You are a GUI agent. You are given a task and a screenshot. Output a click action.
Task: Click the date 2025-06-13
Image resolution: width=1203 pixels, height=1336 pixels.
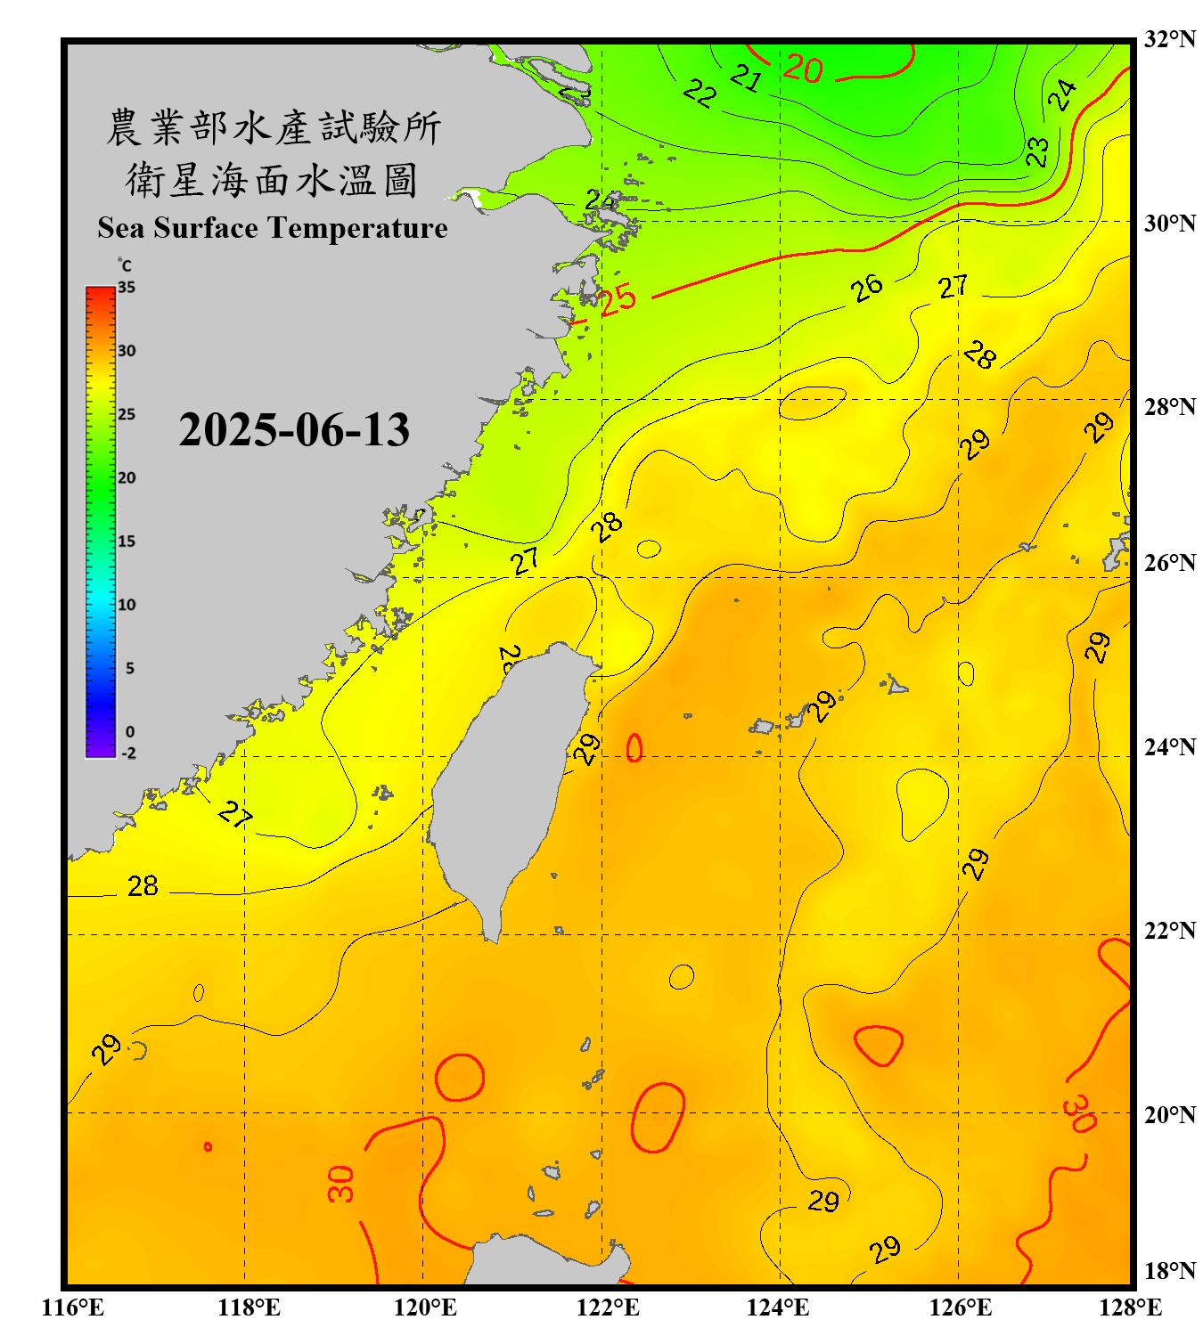(x=294, y=430)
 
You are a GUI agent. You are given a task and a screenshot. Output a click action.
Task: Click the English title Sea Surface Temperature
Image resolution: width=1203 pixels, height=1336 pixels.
(x=273, y=228)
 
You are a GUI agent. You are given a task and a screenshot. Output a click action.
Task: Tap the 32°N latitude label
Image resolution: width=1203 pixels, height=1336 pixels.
(x=1170, y=39)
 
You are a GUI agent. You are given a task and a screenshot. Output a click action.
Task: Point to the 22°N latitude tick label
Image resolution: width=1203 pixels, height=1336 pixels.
(x=1170, y=931)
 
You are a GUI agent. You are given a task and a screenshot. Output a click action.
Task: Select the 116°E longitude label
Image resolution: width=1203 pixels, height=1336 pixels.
(x=73, y=1307)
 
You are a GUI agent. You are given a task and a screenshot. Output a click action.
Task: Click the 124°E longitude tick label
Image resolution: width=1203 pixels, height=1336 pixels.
(x=778, y=1307)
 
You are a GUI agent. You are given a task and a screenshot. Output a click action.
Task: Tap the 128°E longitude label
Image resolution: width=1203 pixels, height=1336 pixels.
(x=1130, y=1307)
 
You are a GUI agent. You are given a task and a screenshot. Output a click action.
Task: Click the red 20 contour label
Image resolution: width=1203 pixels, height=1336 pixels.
(x=803, y=69)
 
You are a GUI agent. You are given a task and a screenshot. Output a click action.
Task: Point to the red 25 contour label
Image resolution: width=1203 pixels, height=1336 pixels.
(x=618, y=299)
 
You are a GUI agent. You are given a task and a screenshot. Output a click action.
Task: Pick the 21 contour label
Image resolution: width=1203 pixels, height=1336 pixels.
(x=746, y=78)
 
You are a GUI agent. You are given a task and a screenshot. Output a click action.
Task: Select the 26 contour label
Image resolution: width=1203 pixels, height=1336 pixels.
(x=866, y=287)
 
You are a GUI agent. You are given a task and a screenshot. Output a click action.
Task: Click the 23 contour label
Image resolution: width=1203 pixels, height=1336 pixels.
(x=1037, y=151)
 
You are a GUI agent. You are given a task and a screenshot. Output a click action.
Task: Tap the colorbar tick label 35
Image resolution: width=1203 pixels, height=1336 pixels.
(x=127, y=288)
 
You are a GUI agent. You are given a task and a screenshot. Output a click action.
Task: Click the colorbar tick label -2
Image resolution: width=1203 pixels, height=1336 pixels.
(x=128, y=754)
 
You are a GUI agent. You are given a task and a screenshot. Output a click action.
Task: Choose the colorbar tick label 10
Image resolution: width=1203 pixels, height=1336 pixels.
(x=127, y=605)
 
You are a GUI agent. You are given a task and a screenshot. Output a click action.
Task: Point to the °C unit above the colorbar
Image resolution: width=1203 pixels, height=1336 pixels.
(x=124, y=265)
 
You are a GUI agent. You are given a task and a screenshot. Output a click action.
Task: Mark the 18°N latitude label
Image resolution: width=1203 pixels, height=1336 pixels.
(x=1170, y=1271)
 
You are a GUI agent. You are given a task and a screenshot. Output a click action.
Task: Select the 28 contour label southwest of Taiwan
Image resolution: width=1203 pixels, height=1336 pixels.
(x=143, y=886)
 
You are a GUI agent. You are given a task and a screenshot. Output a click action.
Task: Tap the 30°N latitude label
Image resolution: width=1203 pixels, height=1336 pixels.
(x=1170, y=224)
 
